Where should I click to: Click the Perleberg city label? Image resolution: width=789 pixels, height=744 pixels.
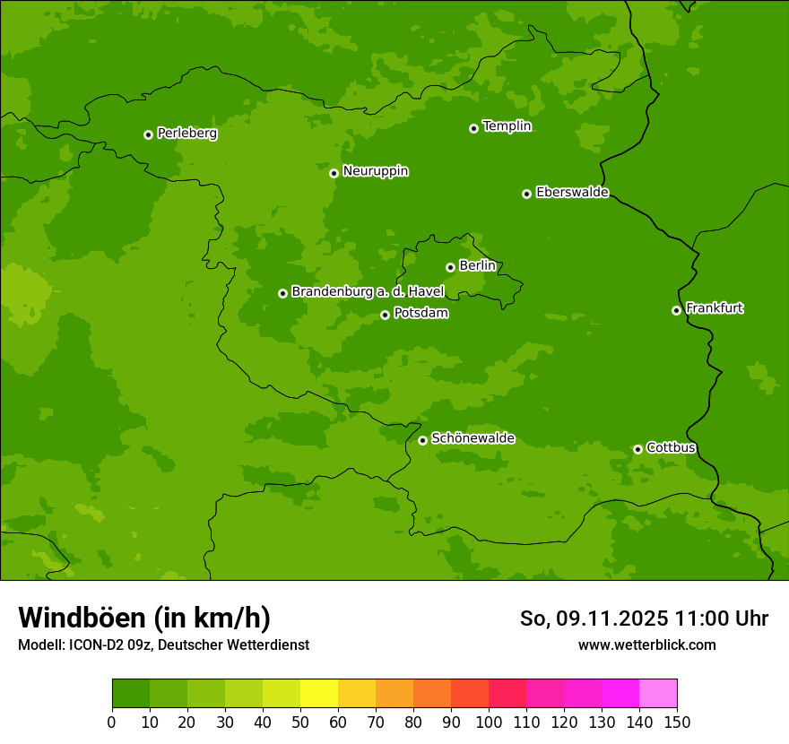click(x=187, y=134)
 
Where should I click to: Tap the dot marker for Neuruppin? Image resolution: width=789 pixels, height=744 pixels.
click(x=334, y=173)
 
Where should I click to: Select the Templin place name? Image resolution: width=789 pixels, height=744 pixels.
click(x=507, y=126)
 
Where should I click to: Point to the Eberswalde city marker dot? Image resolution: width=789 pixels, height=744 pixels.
click(x=526, y=194)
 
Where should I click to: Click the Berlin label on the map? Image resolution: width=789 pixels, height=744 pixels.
click(x=477, y=266)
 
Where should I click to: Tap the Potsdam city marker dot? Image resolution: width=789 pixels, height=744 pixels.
click(x=385, y=315)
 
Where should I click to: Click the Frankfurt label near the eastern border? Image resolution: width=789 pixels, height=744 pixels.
click(x=715, y=308)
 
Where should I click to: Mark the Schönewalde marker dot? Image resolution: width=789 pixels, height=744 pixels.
click(x=422, y=440)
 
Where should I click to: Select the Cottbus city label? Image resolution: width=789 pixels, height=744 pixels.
click(x=671, y=447)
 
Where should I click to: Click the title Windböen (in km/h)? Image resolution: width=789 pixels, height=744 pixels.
click(x=144, y=618)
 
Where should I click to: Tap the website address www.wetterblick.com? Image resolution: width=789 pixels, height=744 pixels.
click(x=647, y=645)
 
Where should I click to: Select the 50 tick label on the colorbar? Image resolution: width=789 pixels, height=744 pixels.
click(x=300, y=722)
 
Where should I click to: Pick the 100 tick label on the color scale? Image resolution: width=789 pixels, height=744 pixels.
click(x=489, y=722)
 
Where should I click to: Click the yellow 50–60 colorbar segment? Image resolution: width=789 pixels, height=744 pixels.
click(x=319, y=694)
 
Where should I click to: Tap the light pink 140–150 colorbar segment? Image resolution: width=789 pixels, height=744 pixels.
click(x=658, y=694)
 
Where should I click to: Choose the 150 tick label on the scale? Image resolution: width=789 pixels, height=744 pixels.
click(x=677, y=722)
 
